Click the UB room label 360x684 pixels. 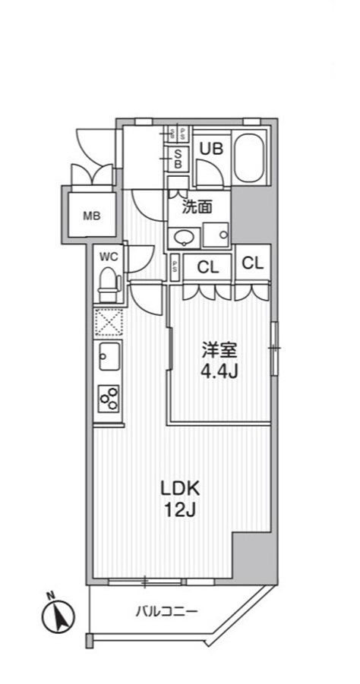point(211,149)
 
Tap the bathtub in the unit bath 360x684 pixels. point(248,159)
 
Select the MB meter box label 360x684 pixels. point(91,215)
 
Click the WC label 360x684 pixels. point(109,257)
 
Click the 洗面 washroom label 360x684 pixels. point(196,206)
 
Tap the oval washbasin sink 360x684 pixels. point(184,238)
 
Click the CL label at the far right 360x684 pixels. point(252,263)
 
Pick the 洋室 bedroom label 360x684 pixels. point(219,351)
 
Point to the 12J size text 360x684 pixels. point(178,510)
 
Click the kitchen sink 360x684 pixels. point(108,355)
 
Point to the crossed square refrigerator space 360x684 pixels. point(108,321)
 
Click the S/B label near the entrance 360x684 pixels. point(178,157)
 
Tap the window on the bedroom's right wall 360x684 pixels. point(274,348)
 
